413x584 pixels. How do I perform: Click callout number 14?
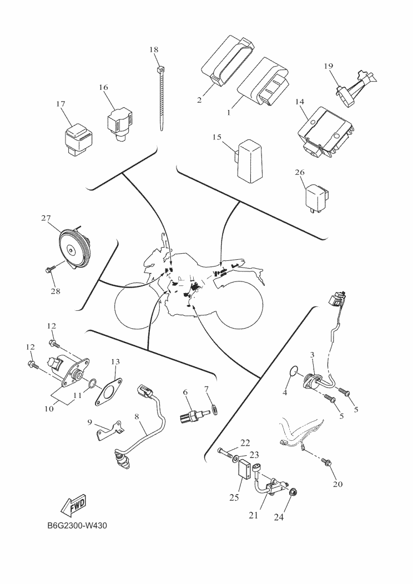point(300,102)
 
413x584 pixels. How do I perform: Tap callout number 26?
point(300,173)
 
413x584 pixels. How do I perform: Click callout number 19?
point(329,66)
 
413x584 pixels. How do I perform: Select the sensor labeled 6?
point(194,414)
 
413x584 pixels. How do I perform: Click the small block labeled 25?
point(243,474)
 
